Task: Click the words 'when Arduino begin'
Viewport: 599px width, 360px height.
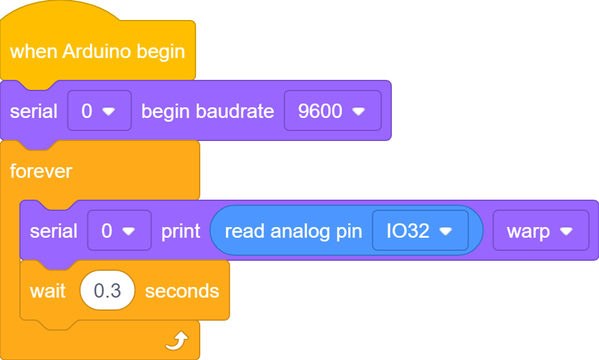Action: point(97,52)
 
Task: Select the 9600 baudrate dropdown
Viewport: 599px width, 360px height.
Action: point(333,110)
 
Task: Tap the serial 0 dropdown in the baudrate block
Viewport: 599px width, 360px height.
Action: point(99,110)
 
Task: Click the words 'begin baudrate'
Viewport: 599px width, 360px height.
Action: point(207,112)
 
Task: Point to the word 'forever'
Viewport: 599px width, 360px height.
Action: point(41,171)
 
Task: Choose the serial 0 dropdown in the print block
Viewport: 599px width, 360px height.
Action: point(119,230)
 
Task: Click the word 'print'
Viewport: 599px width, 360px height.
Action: point(181,231)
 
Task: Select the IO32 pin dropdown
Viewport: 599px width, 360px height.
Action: point(420,230)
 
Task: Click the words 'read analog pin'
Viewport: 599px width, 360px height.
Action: point(293,231)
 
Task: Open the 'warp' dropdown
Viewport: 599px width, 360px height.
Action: point(541,230)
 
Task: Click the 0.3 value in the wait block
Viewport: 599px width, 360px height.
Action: point(107,291)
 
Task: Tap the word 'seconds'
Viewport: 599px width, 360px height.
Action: point(182,291)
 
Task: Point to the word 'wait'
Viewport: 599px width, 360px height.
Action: point(48,291)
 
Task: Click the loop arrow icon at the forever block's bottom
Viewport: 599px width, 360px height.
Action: point(177,341)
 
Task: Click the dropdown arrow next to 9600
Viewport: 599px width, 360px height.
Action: point(358,111)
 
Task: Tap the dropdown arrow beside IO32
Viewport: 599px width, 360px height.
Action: point(446,231)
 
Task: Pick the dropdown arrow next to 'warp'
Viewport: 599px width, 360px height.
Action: point(566,231)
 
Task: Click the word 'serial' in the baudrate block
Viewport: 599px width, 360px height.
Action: point(34,112)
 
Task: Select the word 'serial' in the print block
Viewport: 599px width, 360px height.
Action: point(54,231)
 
